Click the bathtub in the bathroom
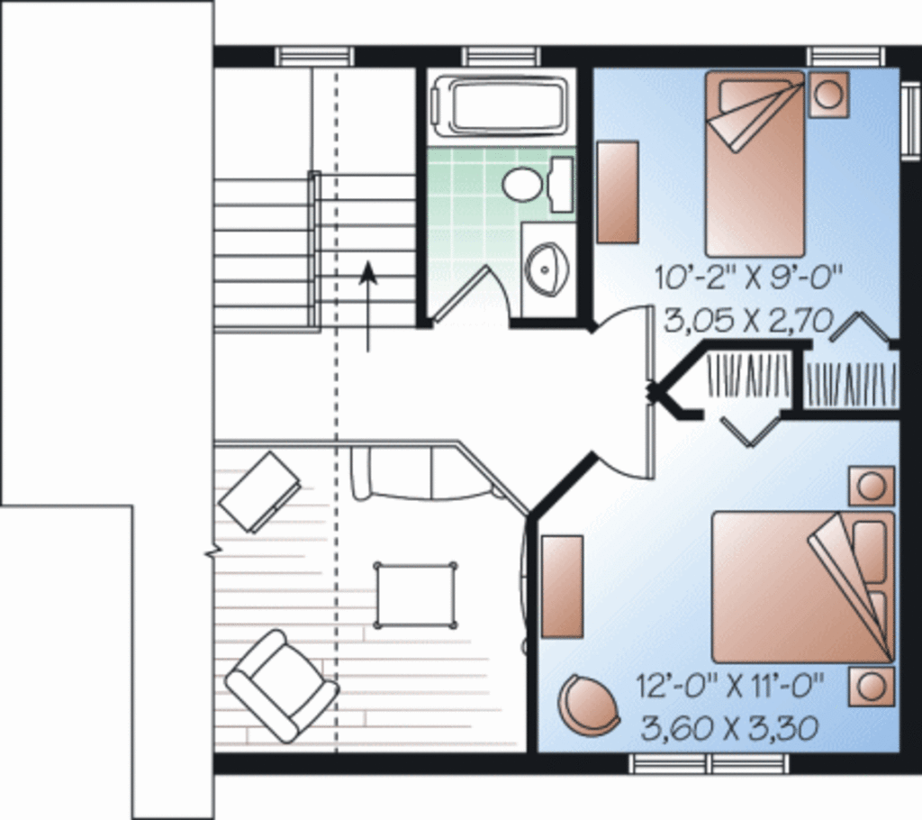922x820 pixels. [x=500, y=107]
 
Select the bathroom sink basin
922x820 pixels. [x=547, y=268]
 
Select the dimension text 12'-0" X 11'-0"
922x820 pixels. [x=730, y=687]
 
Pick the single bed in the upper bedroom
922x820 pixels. [x=755, y=162]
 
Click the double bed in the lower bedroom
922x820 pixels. [x=801, y=586]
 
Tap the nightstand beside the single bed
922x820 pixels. [x=827, y=94]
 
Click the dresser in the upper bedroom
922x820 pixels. [x=618, y=191]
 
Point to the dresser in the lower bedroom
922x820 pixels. [x=562, y=587]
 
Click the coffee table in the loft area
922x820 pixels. [x=415, y=595]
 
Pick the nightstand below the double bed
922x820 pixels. [x=871, y=687]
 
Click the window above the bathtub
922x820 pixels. [x=502, y=57]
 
